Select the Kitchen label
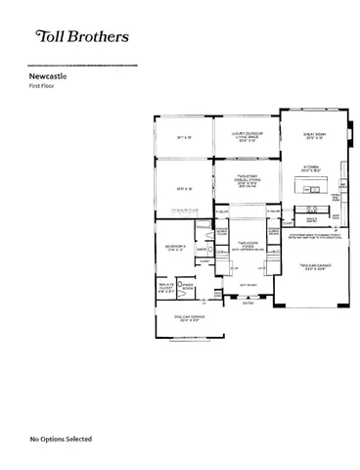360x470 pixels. click(311, 167)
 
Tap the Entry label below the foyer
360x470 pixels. click(249, 305)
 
